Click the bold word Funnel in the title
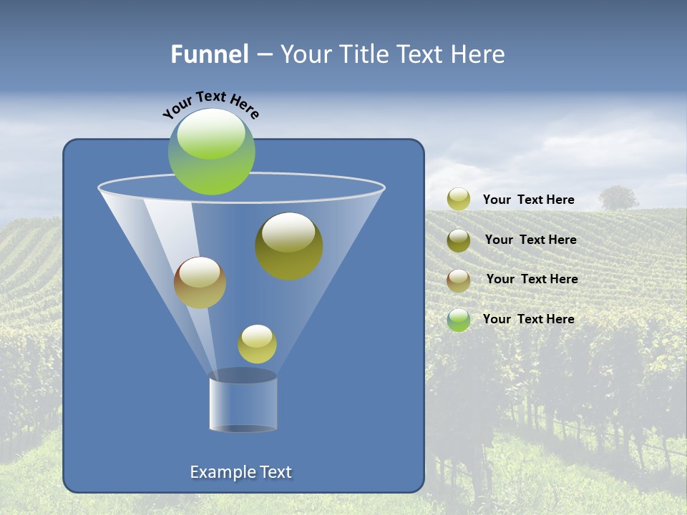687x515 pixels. pos(209,54)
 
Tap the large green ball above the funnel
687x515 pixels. pos(212,152)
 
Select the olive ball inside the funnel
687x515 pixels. pos(289,245)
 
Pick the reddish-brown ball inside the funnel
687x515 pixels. pos(200,282)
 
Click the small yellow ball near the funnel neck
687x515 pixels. pos(257,344)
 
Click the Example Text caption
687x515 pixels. pos(241,472)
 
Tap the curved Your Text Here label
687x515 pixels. pos(210,104)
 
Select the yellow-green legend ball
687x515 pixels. pos(459,200)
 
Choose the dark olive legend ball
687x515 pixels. pos(459,240)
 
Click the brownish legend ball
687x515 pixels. pos(459,280)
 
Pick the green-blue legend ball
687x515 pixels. pos(459,320)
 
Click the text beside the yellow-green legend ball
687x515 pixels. pos(528,200)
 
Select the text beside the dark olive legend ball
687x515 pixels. pos(530,240)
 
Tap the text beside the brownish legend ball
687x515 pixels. pos(532,280)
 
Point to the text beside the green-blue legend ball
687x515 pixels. pos(528,319)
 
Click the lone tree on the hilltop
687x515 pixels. pos(618,197)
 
